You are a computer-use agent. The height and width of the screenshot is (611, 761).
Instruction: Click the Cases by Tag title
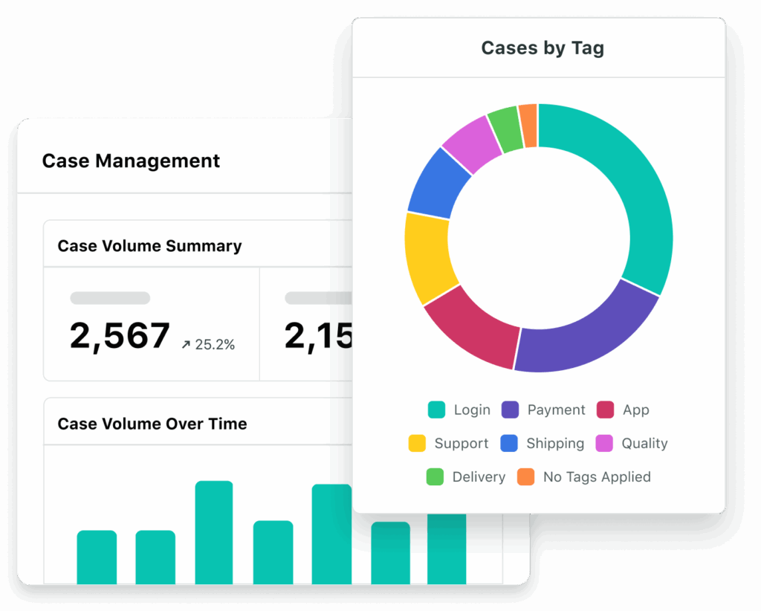click(542, 48)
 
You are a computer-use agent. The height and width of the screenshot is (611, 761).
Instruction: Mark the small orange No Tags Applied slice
click(528, 116)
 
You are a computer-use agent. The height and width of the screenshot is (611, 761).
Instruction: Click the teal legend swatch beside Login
click(436, 410)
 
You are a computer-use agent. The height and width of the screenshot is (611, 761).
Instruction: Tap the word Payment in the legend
click(556, 410)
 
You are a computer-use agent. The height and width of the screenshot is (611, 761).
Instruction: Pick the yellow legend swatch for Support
click(417, 444)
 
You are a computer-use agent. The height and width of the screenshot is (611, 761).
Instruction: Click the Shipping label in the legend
click(554, 444)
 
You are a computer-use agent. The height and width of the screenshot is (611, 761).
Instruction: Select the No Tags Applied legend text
click(597, 477)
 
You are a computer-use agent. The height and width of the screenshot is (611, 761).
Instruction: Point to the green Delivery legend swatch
click(435, 477)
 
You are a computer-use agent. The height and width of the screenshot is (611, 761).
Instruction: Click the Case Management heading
click(131, 161)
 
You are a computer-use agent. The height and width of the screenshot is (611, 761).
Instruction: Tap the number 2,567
click(120, 336)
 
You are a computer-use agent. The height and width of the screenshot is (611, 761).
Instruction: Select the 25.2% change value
click(214, 345)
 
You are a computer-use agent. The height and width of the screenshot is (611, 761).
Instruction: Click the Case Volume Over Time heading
click(152, 424)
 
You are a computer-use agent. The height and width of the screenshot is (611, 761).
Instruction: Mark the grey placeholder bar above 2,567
click(110, 298)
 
